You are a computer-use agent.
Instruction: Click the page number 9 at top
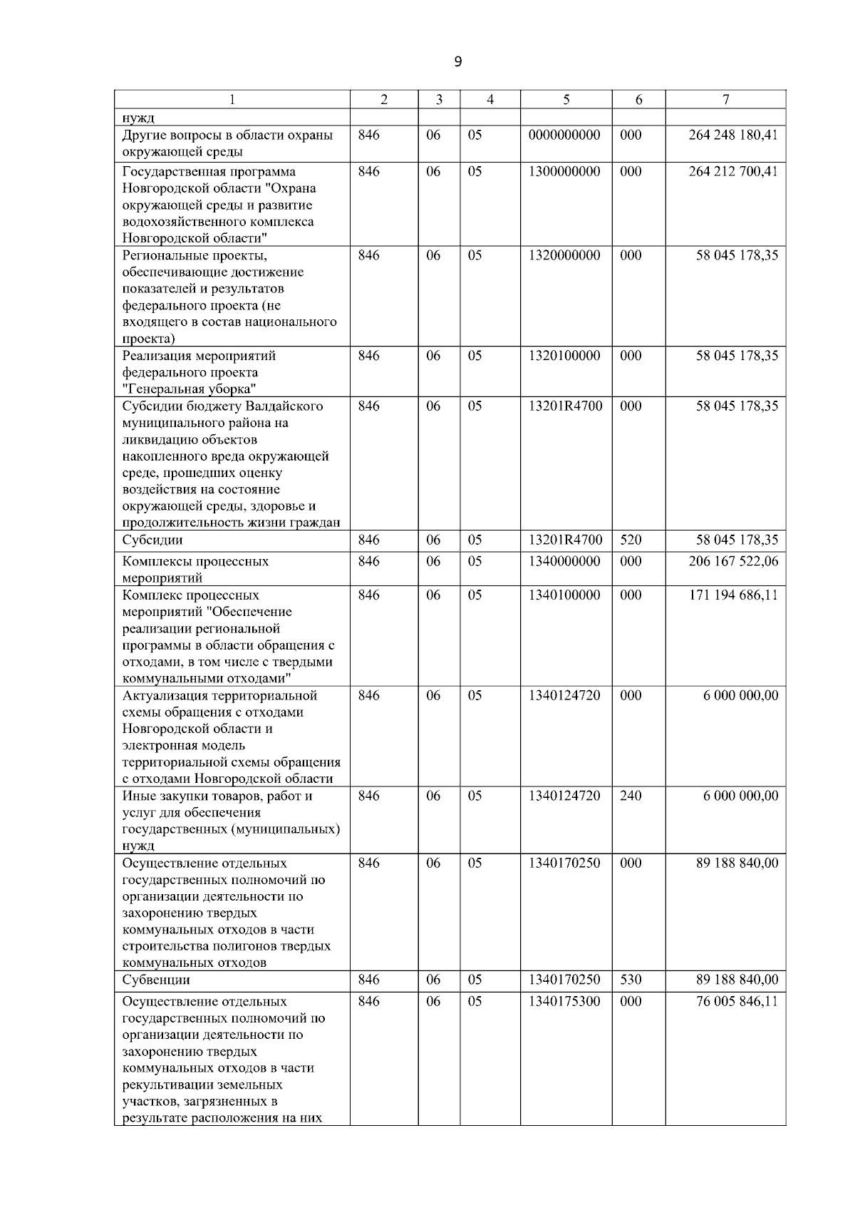[x=457, y=62]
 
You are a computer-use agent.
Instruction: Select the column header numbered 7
[x=725, y=100]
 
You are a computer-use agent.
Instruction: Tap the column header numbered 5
[x=566, y=100]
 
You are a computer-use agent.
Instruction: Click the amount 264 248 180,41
[x=733, y=135]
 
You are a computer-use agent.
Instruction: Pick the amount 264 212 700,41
[x=733, y=172]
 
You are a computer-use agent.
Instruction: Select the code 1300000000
[x=564, y=172]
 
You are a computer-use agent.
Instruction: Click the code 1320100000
[x=564, y=356]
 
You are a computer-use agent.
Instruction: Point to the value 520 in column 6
[x=631, y=540]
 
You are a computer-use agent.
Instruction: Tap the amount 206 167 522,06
[x=733, y=562]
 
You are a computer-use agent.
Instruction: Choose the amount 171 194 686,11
[x=733, y=595]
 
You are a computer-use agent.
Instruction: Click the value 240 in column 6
[x=631, y=796]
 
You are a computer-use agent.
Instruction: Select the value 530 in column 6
[x=631, y=980]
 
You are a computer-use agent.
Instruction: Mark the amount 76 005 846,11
[x=737, y=1002]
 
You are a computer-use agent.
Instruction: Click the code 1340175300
[x=564, y=1002]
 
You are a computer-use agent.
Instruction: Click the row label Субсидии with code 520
[x=152, y=540]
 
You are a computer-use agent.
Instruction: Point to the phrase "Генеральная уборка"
[x=190, y=389]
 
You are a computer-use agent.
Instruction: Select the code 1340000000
[x=564, y=562]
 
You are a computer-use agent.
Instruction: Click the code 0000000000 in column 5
[x=564, y=135]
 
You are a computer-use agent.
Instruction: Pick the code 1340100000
[x=564, y=595]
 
